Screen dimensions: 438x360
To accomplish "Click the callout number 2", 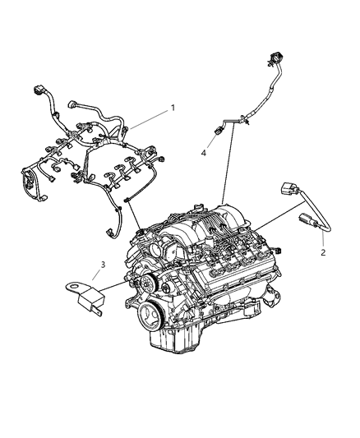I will point(323,252).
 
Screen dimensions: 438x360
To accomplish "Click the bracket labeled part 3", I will point(87,294).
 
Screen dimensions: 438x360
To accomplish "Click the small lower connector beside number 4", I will point(219,128).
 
